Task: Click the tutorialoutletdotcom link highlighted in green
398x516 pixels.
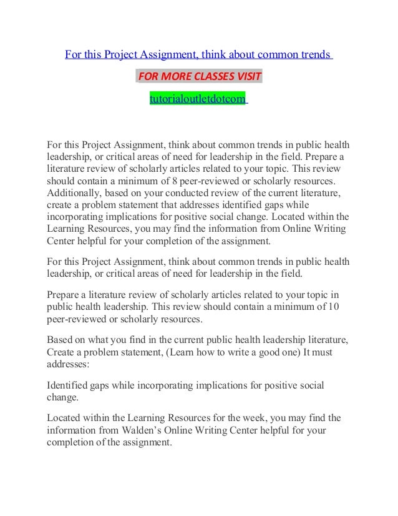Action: (x=197, y=99)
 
